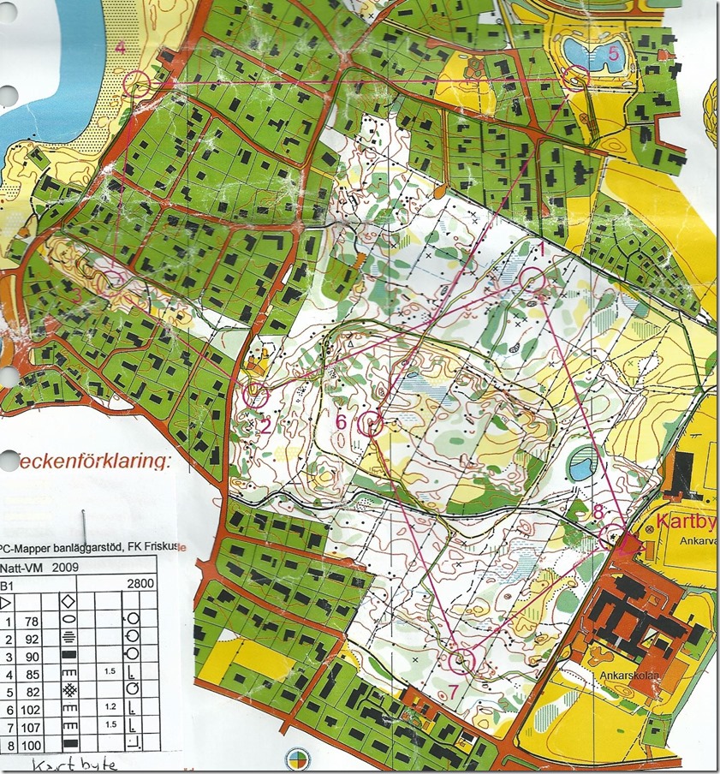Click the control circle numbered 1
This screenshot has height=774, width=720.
tap(533, 279)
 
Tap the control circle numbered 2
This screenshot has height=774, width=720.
tap(256, 395)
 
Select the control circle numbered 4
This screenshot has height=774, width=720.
tap(137, 83)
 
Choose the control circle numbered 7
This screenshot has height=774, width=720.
tap(461, 661)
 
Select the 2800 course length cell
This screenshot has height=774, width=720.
tap(140, 586)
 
